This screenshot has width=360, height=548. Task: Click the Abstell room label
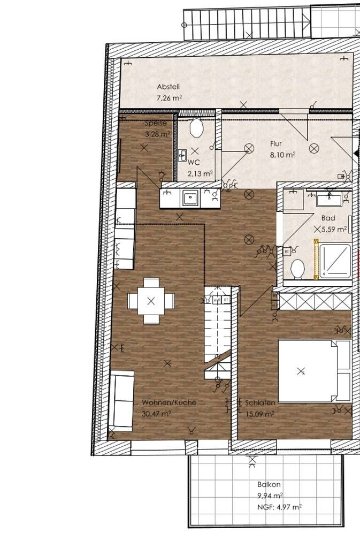pos(168,87)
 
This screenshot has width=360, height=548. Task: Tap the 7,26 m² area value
pos(170,98)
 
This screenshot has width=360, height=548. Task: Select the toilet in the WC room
pos(196,128)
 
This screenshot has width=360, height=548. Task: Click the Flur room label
pos(276,143)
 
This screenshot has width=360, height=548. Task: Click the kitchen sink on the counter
pos(190,199)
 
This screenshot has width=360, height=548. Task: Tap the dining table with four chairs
pos(151,301)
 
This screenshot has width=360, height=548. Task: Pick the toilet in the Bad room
pos(297,267)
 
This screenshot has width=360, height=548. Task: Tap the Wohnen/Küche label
pos(169,402)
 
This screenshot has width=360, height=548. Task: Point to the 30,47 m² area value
pos(156,414)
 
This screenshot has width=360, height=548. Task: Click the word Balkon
pos(269,484)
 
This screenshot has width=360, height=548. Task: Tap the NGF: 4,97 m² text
pos(279,506)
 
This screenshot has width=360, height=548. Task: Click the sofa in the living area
pos(121,401)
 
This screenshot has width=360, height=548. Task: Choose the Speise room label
pos(156,123)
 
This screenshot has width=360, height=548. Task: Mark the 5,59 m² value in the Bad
pos(334,229)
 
